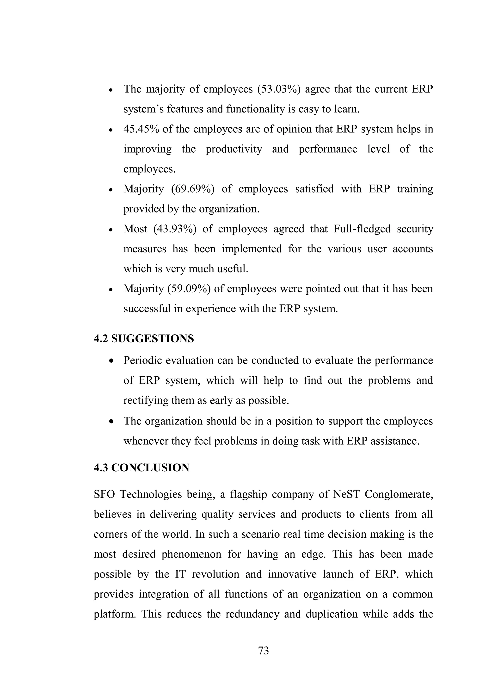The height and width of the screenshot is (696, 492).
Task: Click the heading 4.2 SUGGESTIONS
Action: [x=144, y=339]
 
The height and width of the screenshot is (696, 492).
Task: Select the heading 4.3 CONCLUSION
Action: [x=141, y=468]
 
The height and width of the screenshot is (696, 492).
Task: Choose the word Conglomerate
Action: [x=399, y=494]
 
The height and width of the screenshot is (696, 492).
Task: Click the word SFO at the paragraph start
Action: [x=104, y=494]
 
